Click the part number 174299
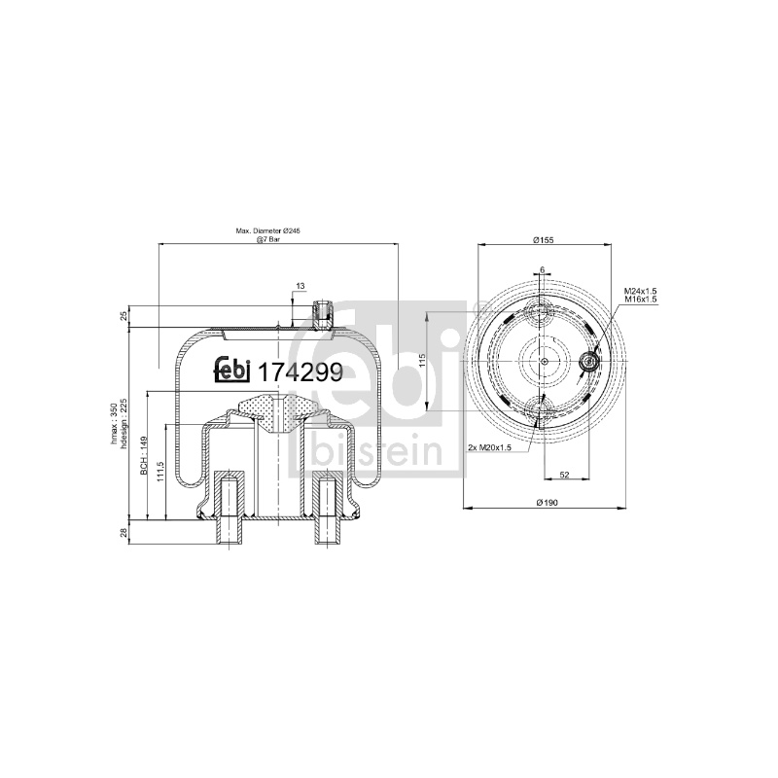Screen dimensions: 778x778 point(301,371)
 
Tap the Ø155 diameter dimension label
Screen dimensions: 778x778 point(544,240)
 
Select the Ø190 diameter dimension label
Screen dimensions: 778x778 point(548,502)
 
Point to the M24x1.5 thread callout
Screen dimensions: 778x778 point(640,291)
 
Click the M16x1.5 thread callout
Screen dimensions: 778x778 point(640,300)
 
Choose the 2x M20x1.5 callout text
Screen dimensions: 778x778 point(490,447)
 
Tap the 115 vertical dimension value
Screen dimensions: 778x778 point(422,361)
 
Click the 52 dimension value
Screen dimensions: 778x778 point(564,475)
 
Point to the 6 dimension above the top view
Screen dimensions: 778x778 point(543,269)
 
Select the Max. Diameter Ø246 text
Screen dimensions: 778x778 point(268,230)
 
